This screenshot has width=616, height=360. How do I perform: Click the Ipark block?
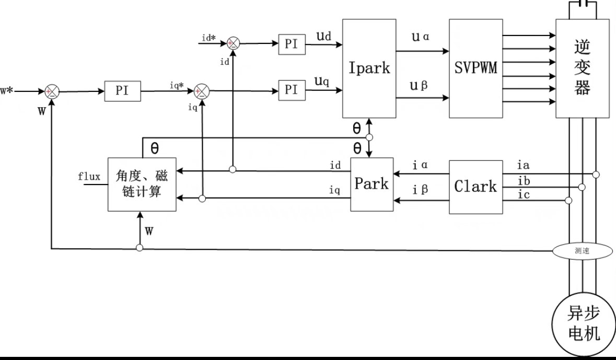369,68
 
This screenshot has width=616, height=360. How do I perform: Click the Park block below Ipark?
371,184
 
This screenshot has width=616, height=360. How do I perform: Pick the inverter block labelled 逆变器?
582,68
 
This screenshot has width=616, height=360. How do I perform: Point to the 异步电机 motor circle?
583,324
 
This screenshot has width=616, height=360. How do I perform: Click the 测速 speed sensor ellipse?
582,251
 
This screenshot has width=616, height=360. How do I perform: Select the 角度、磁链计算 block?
142,184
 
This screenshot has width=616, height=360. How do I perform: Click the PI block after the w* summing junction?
122,91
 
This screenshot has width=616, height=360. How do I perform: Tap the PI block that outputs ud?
292,44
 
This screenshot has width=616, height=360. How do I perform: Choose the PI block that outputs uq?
292,90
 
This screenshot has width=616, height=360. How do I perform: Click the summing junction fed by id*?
234,44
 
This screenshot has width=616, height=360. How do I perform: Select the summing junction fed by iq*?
201,91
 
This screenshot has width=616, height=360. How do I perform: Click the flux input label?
89,177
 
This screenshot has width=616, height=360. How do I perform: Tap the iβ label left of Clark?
420,190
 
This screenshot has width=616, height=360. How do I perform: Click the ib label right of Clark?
523,180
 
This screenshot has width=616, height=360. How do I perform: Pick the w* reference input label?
6,91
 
